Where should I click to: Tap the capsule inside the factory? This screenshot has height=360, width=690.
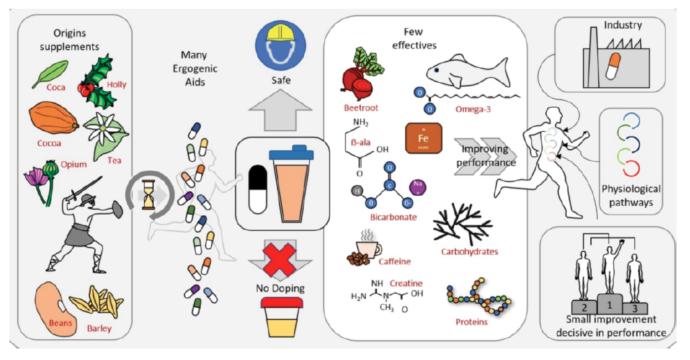(613, 64)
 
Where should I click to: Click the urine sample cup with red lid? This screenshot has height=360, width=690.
(285, 317)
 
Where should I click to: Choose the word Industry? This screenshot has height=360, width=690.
(623, 26)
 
